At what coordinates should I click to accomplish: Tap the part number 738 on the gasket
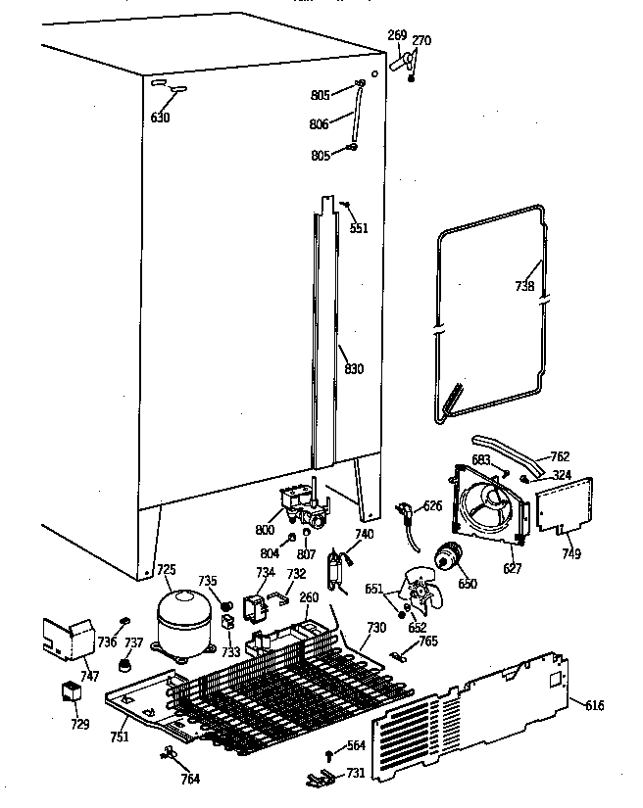[525, 287]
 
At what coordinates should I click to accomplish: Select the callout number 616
[595, 705]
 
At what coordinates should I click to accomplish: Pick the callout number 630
[161, 119]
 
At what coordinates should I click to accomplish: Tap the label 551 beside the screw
[360, 228]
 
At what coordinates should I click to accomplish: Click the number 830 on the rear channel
[354, 369]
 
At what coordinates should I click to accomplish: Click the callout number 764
[190, 779]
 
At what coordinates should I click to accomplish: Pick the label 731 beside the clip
[354, 774]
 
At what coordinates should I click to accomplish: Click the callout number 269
[396, 36]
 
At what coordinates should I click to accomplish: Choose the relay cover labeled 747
[65, 637]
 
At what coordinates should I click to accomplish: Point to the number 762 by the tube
[559, 456]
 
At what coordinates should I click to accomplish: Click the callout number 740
[364, 534]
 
